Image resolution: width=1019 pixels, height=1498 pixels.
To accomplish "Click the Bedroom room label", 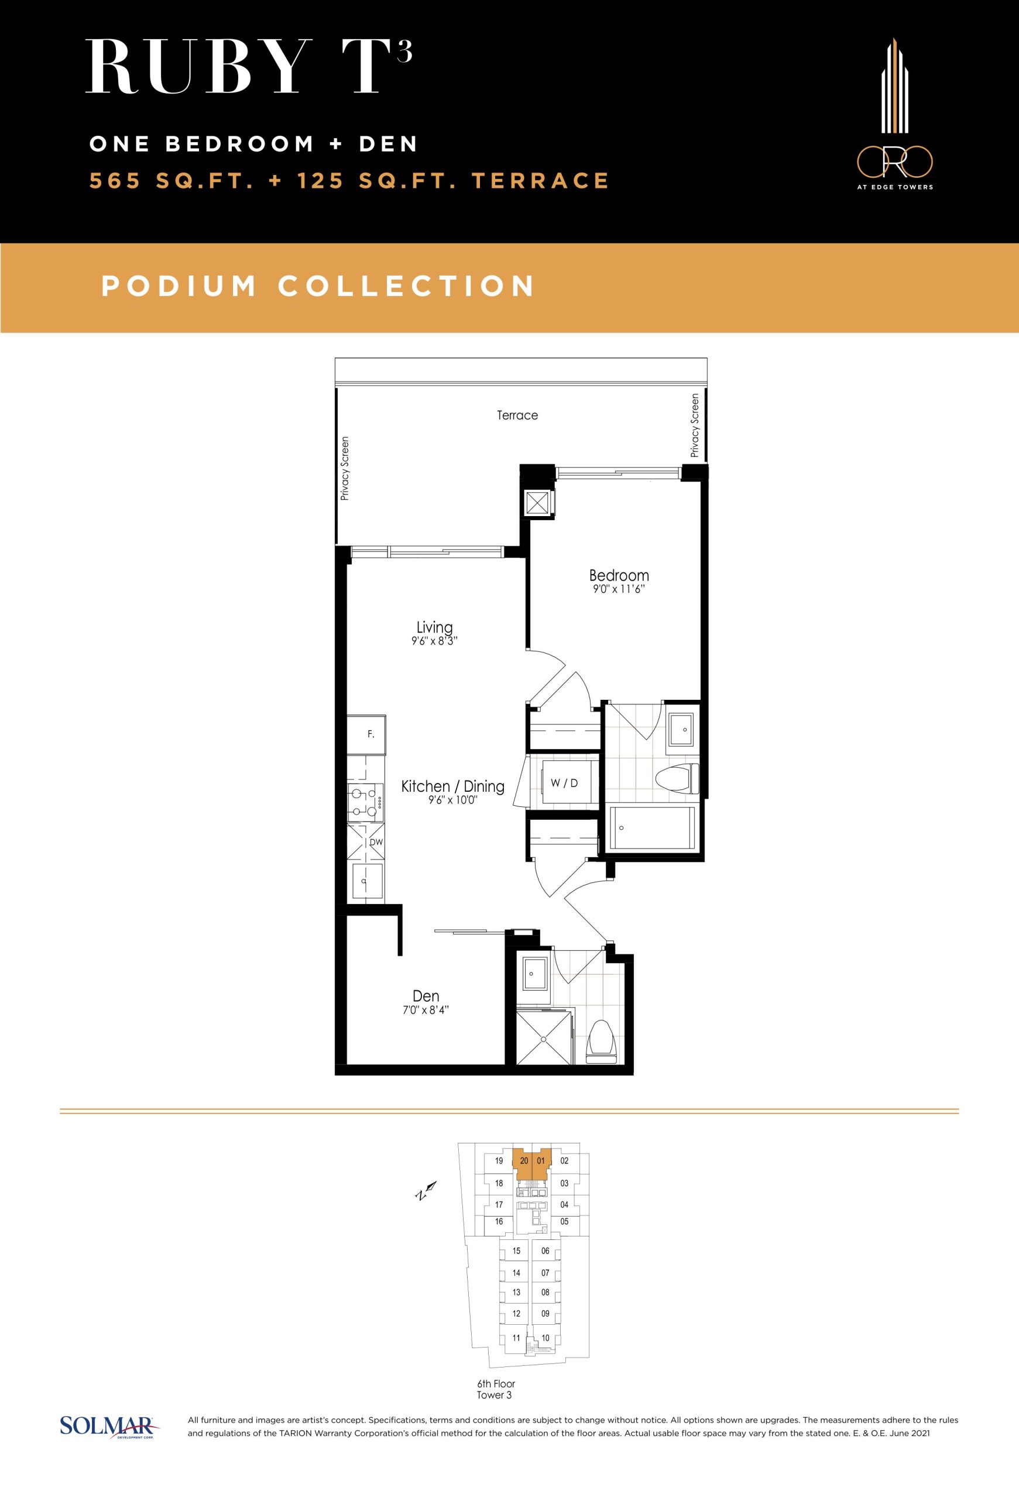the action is point(619,575).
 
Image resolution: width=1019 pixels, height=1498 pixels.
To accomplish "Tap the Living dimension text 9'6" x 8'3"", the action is point(434,641).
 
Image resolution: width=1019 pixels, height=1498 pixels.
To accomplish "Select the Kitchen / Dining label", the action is point(452,786).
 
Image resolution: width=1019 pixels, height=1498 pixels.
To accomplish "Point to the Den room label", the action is point(426,997).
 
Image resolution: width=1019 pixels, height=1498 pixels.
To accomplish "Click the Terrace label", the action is point(517,415).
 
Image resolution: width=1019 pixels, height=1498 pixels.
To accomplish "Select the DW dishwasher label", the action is point(376,842).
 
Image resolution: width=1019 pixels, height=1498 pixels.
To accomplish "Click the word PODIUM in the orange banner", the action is point(179,286).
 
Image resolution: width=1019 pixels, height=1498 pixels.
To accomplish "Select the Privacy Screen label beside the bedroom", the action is point(694,425).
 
